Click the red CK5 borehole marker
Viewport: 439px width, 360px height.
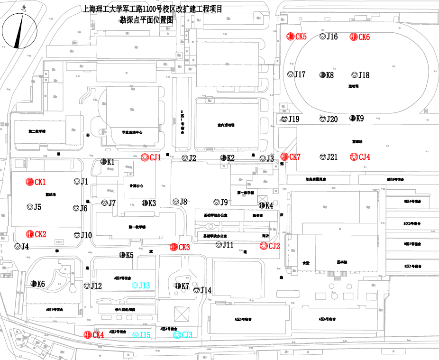click(x=290, y=37)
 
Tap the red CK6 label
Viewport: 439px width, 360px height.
click(x=364, y=37)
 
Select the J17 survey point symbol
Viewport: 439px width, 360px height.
click(x=290, y=74)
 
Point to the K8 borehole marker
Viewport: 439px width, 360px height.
click(x=322, y=75)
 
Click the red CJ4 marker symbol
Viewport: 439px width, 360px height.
click(x=353, y=157)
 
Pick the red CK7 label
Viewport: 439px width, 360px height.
click(x=295, y=157)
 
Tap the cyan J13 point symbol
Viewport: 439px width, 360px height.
click(x=135, y=286)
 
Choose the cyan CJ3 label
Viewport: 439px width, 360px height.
click(x=187, y=335)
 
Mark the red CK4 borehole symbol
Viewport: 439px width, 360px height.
click(x=87, y=334)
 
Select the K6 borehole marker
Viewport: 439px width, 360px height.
click(x=34, y=284)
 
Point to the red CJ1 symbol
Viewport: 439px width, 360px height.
click(x=145, y=158)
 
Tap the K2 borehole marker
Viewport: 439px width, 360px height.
click(x=223, y=158)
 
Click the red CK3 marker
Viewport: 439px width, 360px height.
click(x=174, y=247)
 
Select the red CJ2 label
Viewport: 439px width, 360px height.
click(x=274, y=246)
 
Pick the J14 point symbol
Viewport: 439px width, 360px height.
click(x=196, y=290)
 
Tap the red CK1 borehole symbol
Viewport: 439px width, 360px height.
click(x=29, y=182)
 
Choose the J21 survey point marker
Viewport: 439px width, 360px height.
click(x=323, y=157)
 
